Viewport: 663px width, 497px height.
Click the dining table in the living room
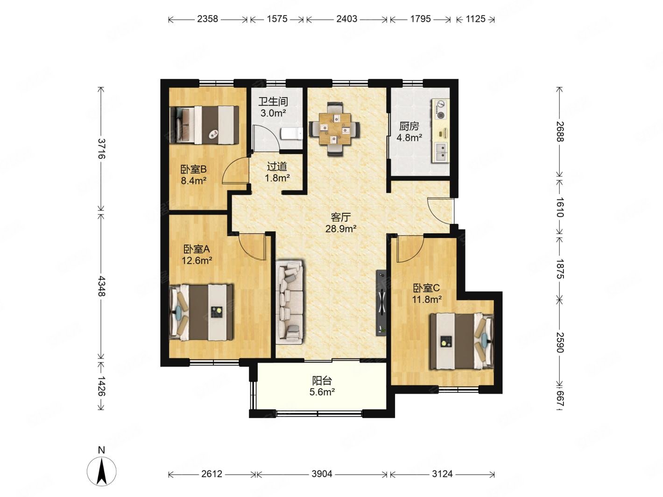[334, 129]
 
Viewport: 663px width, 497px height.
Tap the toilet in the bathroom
[291, 133]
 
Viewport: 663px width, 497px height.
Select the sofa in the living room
[289, 302]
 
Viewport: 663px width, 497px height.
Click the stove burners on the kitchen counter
[441, 109]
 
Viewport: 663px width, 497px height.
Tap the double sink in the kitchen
[442, 153]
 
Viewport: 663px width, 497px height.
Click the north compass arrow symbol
[101, 471]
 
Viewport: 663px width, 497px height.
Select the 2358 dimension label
[207, 19]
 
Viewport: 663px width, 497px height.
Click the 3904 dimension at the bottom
[322, 474]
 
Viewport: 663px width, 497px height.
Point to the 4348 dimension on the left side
[101, 286]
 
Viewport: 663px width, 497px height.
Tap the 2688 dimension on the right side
[559, 132]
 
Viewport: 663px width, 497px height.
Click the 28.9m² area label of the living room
[341, 228]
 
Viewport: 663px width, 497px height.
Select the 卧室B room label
[193, 169]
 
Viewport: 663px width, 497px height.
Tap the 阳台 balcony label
[322, 381]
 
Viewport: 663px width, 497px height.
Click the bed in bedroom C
[462, 341]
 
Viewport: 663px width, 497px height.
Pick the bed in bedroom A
[201, 312]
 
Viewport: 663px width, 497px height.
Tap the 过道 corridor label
[277, 166]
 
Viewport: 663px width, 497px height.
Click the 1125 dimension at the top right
[475, 19]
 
